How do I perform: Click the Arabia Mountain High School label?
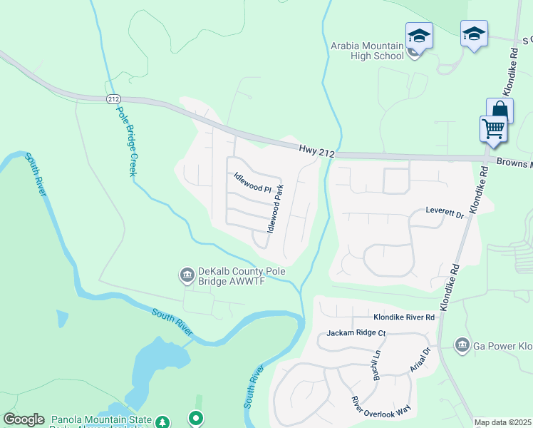(x=367, y=51)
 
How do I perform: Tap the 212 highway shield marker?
(x=113, y=98)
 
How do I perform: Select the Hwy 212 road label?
(x=316, y=148)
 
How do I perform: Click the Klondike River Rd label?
(x=404, y=317)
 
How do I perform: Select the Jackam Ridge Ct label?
(x=356, y=333)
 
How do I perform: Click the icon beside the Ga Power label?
(x=462, y=345)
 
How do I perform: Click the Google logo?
(x=24, y=419)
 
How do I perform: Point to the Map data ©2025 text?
(x=502, y=422)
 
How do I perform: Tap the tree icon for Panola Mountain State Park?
(x=163, y=422)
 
